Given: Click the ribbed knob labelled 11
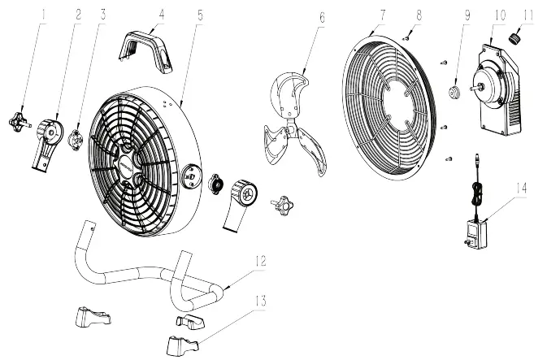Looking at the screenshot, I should pos(514,38).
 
